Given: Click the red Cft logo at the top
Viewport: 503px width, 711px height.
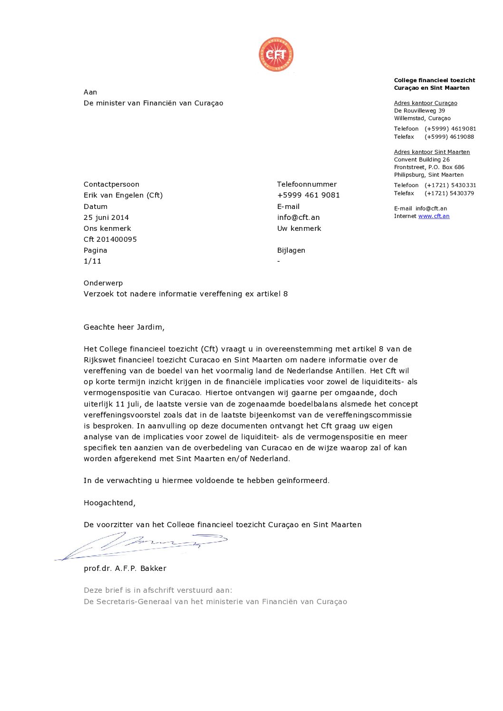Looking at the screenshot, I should point(276,55).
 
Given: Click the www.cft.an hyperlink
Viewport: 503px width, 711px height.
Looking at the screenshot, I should point(434,216).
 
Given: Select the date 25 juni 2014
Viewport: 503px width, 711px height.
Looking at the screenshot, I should point(106,218).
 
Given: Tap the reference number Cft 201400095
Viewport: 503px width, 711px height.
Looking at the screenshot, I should point(110,239).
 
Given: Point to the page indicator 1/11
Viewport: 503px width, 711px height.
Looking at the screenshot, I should point(92,261).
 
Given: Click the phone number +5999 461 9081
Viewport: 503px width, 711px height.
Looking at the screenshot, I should point(308,195).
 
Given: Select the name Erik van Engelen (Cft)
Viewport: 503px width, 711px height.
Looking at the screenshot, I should point(123,195).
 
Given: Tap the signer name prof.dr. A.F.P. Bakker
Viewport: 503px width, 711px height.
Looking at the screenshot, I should point(125,569).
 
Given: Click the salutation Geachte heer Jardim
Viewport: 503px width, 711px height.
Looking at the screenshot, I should point(124,327).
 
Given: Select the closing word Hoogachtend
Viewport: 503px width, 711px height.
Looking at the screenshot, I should point(109,503).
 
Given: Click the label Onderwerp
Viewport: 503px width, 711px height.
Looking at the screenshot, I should point(103,283).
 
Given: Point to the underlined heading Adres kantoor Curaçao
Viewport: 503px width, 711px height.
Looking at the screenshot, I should point(426,103).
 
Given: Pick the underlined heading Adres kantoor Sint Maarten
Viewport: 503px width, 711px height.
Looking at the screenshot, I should point(432,152).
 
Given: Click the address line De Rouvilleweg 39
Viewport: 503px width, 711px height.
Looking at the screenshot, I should point(419,111).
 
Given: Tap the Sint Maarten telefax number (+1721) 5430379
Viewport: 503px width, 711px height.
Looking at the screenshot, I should point(449,193).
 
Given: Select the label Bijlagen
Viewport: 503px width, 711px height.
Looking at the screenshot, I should point(291,250).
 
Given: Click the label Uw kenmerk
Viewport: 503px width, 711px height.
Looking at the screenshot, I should point(299,228).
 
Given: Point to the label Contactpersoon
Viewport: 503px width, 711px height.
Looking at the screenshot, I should point(111,184).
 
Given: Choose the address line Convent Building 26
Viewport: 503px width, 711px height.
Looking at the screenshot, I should point(422,160).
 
